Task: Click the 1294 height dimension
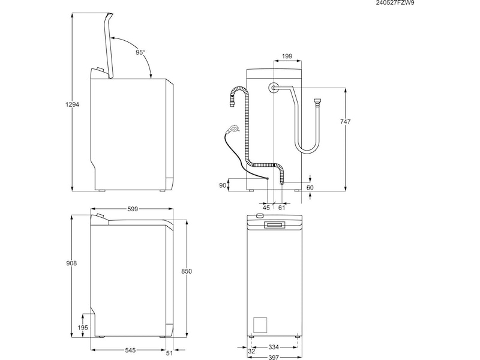tap(72, 104)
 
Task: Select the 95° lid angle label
tap(140, 53)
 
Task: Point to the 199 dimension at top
tap(287, 56)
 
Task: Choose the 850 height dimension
tap(186, 272)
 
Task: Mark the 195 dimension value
tap(83, 328)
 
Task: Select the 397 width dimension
tap(274, 357)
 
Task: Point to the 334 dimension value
tap(273, 347)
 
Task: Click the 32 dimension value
tap(242, 352)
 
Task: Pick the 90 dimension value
tap(223, 185)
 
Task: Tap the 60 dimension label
tap(310, 188)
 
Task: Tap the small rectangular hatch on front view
tap(261, 324)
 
